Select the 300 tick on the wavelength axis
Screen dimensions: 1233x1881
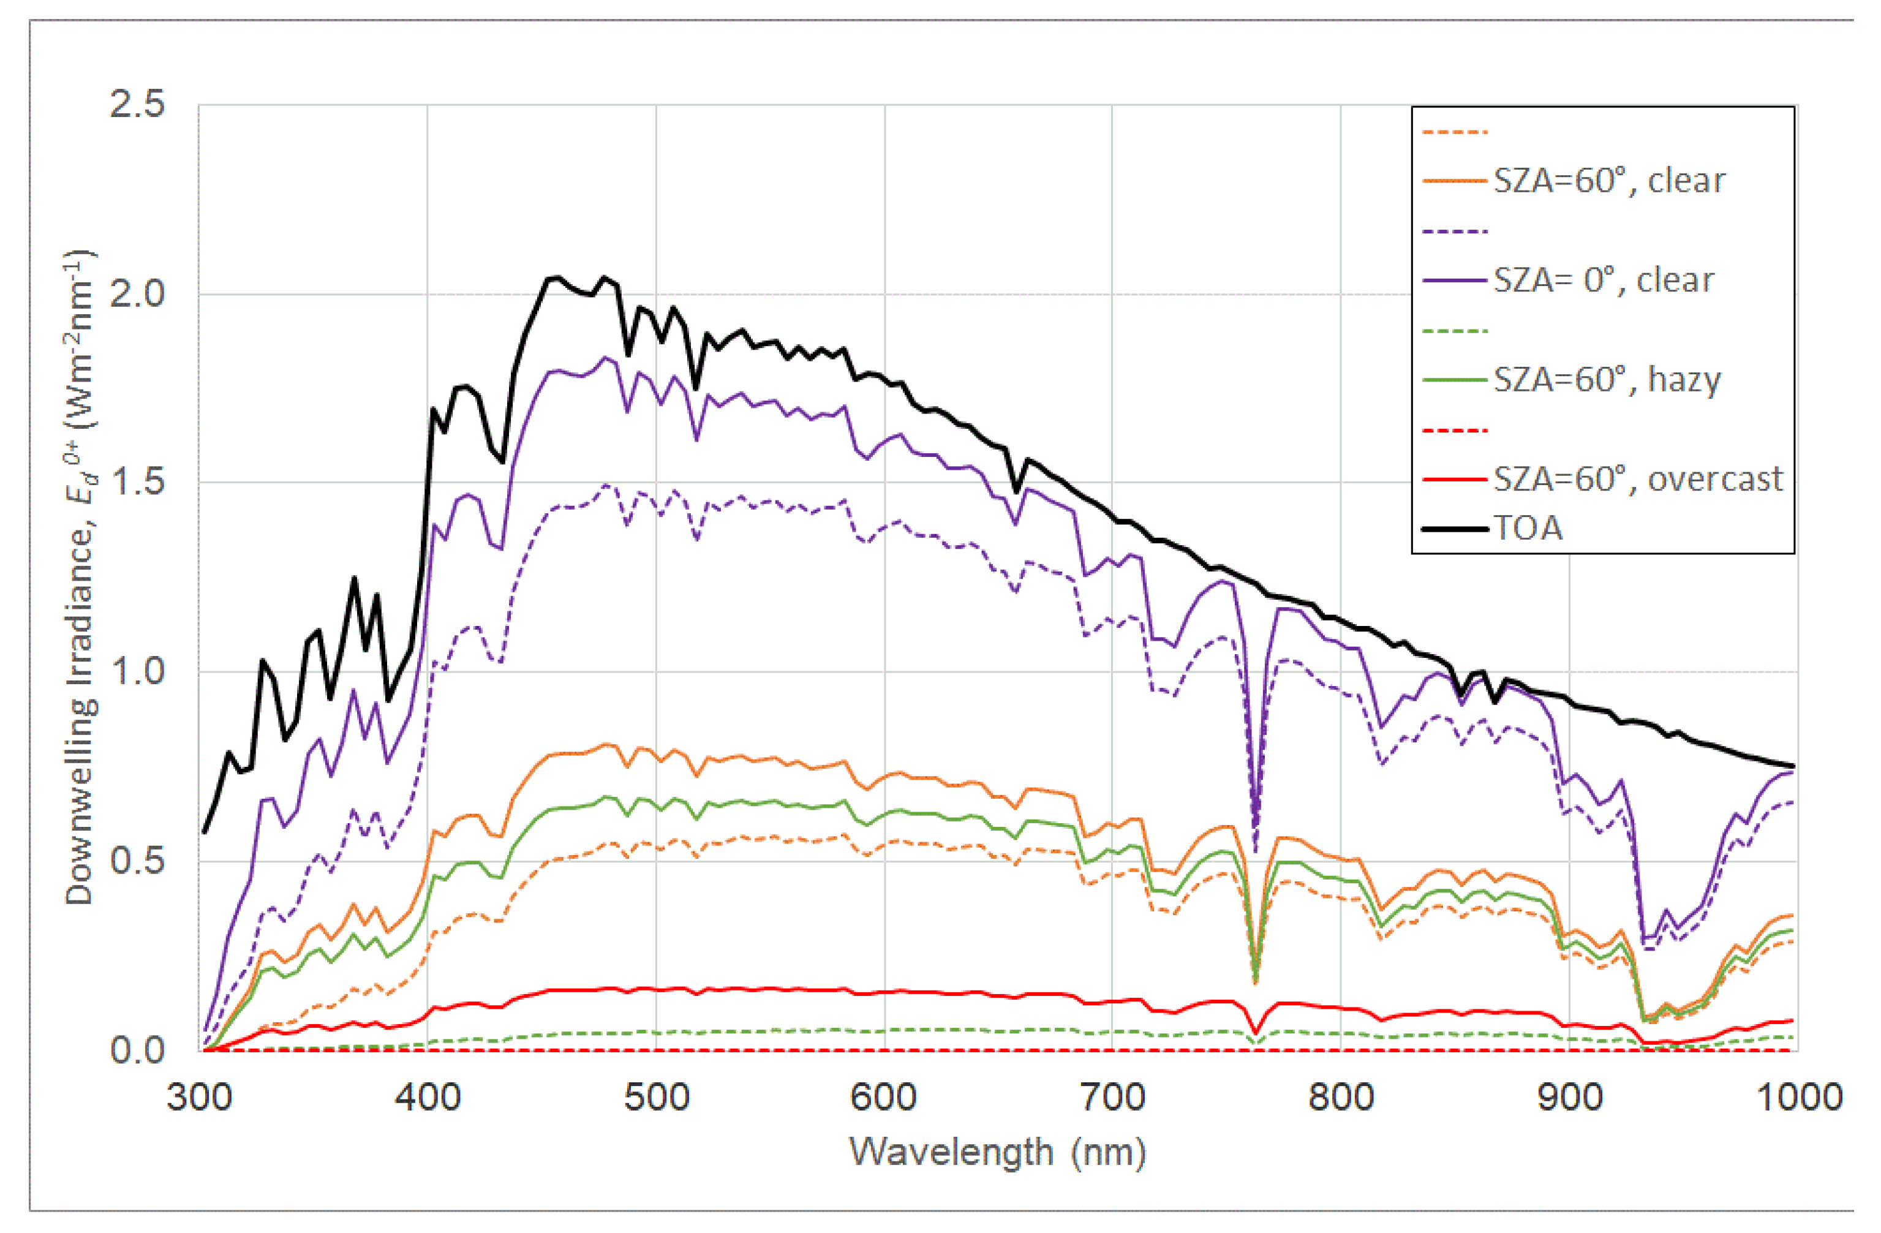point(199,1098)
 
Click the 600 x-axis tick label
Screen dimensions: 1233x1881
point(884,1098)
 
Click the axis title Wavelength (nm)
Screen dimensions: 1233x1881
point(997,1152)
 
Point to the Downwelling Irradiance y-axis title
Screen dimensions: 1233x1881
point(79,577)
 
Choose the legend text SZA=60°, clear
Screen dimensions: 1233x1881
point(1609,181)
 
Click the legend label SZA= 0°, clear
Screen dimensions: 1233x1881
point(1604,281)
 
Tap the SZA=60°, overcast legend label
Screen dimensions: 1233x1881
point(1638,479)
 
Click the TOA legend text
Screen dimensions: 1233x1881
point(1528,528)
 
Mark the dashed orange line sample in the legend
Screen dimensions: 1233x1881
point(1454,132)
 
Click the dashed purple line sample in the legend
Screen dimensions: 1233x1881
point(1454,232)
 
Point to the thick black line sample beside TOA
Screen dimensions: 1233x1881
point(1454,528)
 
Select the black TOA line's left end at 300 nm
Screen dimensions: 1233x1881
point(204,831)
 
